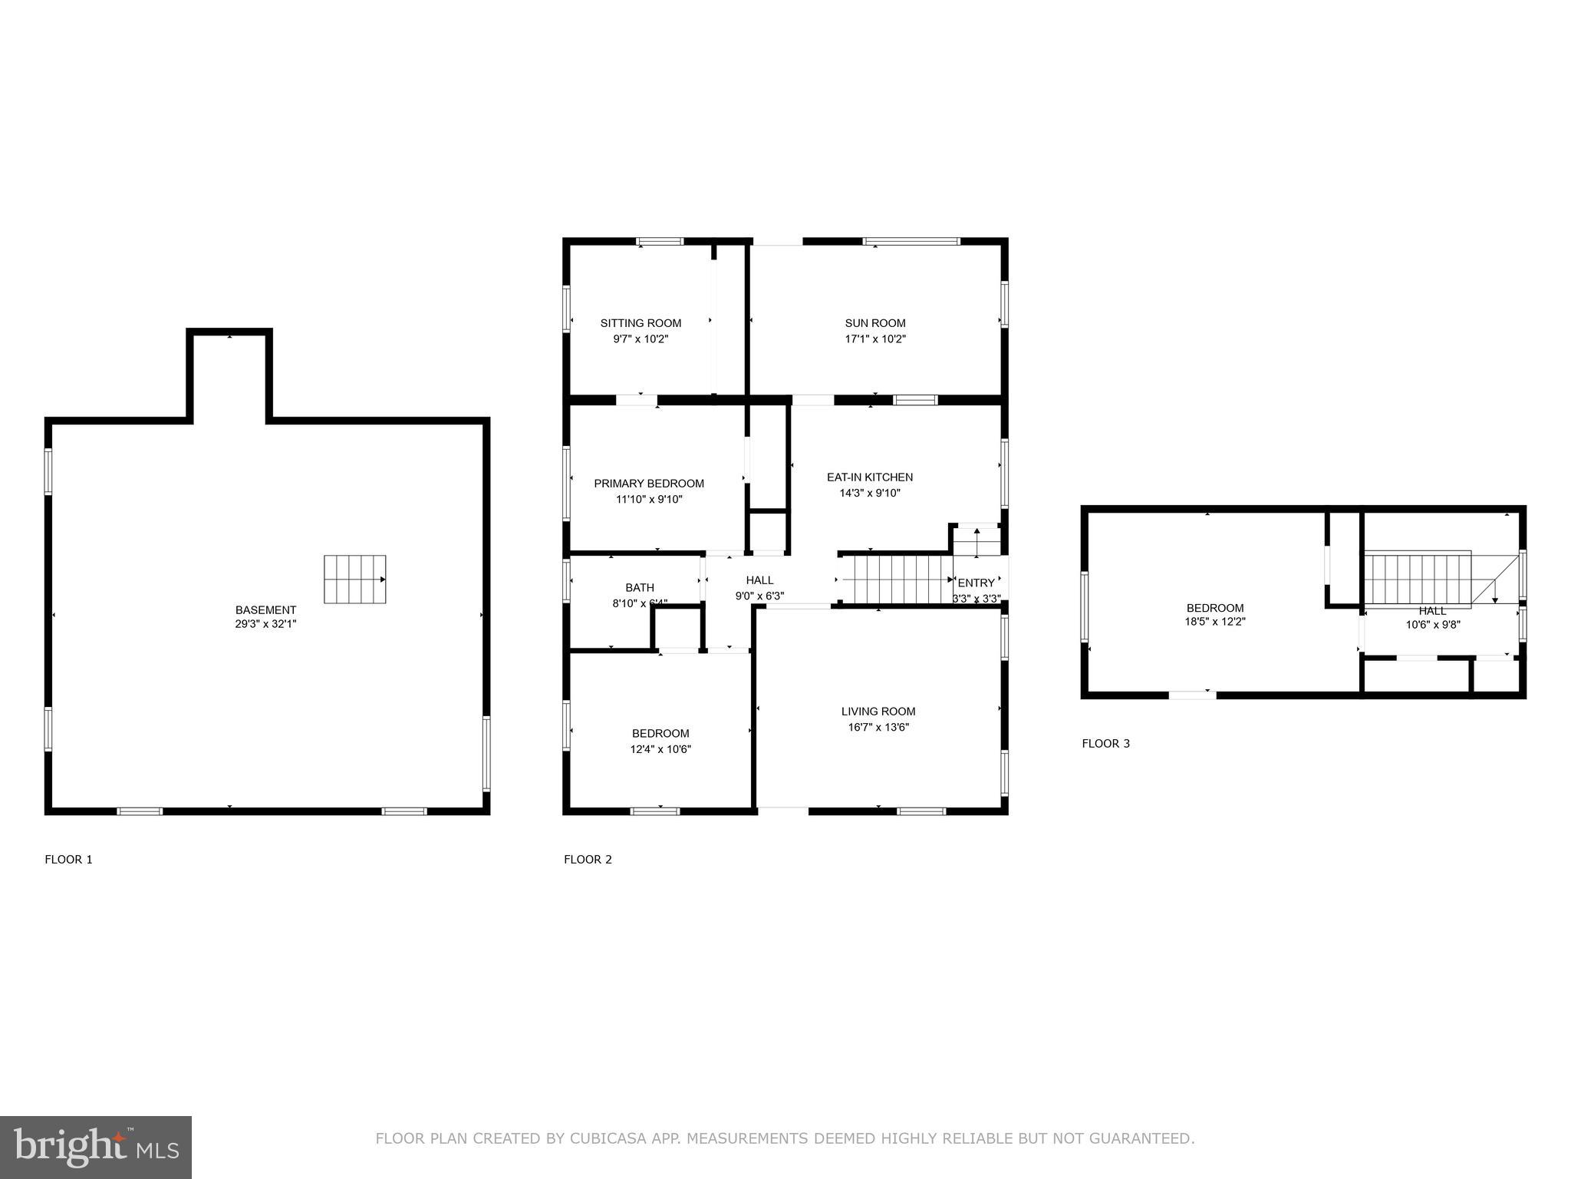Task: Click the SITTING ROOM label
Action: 641,323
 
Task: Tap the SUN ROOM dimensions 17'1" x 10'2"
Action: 875,339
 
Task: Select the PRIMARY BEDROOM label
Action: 649,484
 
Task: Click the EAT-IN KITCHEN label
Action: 870,477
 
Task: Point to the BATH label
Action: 640,588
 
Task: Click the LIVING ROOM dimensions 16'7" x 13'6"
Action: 878,727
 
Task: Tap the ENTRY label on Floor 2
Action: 976,583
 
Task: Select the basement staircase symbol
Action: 354,580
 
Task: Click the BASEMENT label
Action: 265,610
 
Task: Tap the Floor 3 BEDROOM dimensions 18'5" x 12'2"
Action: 1215,623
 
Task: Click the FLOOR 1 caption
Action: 68,860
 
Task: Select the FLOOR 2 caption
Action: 588,860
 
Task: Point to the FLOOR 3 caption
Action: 1105,744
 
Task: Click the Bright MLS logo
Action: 96,1147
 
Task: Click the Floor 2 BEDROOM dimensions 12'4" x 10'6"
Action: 660,749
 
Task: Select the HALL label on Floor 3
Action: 1432,611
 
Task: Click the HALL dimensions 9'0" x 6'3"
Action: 759,596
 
